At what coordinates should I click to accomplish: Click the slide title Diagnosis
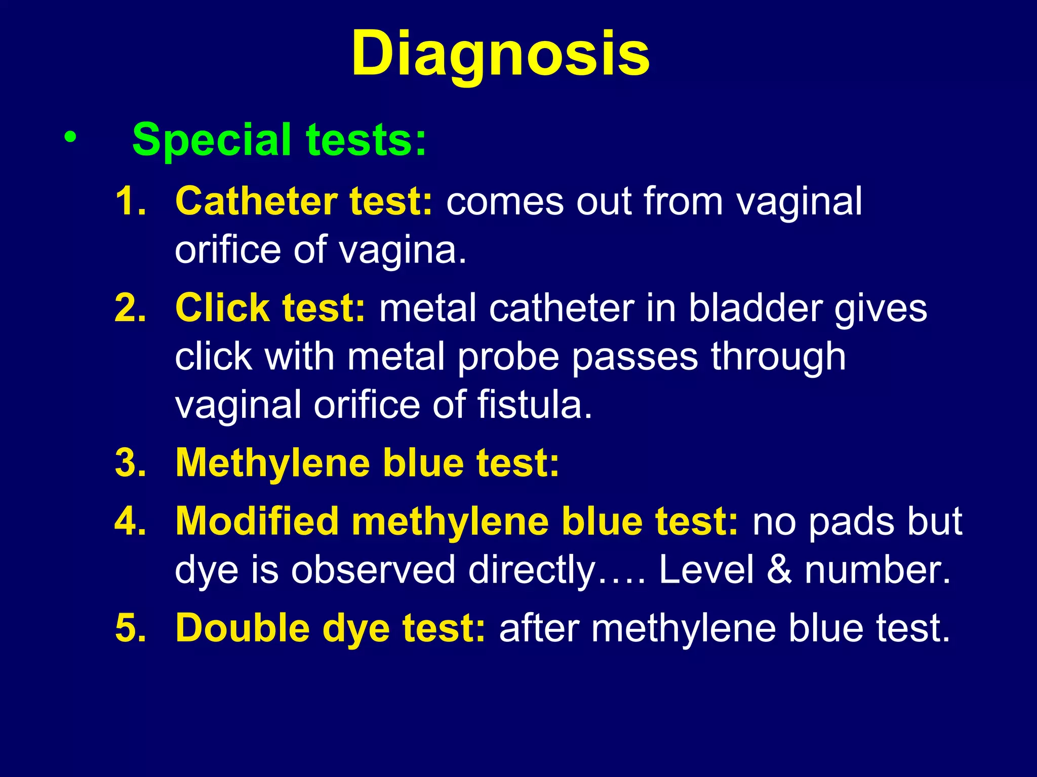pyautogui.click(x=500, y=54)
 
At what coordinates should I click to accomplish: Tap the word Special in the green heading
pyautogui.click(x=212, y=140)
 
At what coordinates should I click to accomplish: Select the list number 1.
pyautogui.click(x=130, y=201)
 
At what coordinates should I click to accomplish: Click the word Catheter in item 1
pyautogui.click(x=256, y=201)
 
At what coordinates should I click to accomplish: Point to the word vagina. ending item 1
pyautogui.click(x=403, y=250)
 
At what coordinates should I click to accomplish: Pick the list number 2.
pyautogui.click(x=130, y=308)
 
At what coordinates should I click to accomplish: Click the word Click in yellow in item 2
pyautogui.click(x=222, y=308)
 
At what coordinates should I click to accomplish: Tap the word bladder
pyautogui.click(x=754, y=308)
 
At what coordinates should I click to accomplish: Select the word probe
pyautogui.click(x=509, y=357)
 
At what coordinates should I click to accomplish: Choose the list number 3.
pyautogui.click(x=130, y=463)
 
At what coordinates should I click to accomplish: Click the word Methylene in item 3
pyautogui.click(x=272, y=463)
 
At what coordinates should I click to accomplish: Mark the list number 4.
pyautogui.click(x=130, y=521)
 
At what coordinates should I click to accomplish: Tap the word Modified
pyautogui.click(x=257, y=521)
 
